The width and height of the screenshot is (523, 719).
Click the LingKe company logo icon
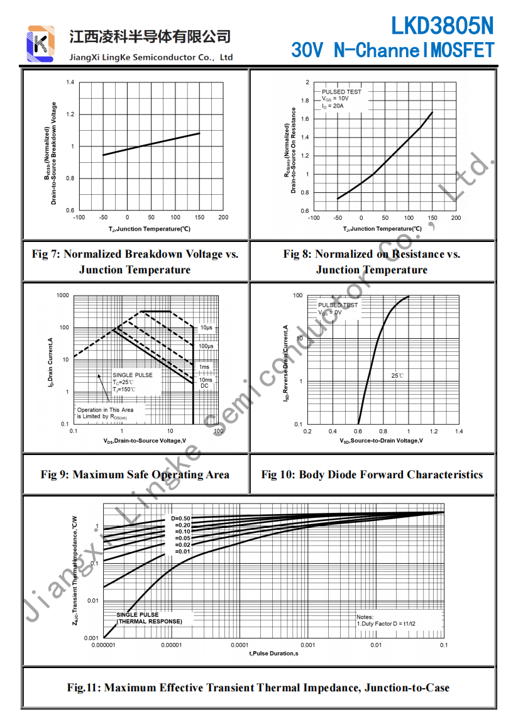(x=41, y=43)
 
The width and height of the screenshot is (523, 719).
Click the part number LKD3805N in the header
(x=442, y=26)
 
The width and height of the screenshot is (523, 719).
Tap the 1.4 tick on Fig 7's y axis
(x=70, y=82)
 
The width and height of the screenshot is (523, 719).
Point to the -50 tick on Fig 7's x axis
(x=103, y=217)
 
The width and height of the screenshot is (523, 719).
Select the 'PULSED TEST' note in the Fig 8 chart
(x=341, y=92)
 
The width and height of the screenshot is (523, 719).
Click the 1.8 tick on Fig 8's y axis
(x=306, y=101)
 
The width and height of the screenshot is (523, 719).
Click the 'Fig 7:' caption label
(x=46, y=255)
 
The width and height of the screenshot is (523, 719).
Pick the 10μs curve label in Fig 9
(x=206, y=327)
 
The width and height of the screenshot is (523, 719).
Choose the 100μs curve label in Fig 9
(x=206, y=346)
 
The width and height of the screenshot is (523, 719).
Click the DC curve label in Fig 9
(x=204, y=386)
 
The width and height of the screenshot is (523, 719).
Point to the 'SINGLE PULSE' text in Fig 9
(x=132, y=375)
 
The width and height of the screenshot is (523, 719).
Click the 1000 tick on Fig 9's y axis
(x=62, y=295)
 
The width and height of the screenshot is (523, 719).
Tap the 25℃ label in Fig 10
(x=397, y=375)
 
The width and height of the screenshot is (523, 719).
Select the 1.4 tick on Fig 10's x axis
(x=459, y=431)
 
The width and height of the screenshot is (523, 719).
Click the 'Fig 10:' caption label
(x=278, y=475)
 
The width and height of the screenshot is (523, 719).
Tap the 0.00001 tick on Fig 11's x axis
(x=171, y=645)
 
